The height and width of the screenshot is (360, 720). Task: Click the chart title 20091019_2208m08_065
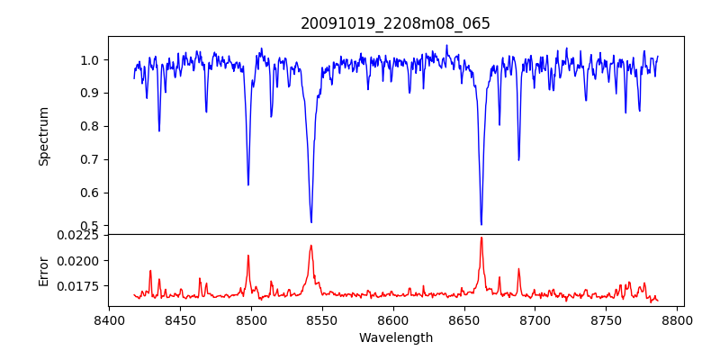(x=395, y=23)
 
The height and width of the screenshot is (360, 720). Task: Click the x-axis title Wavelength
(x=395, y=337)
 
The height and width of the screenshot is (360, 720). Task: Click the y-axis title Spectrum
(x=43, y=136)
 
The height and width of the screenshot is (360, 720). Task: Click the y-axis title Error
(x=43, y=270)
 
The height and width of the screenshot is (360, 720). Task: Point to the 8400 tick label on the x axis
(x=109, y=319)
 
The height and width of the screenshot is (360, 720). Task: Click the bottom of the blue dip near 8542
(x=311, y=222)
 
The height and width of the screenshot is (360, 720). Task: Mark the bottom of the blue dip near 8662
(x=481, y=224)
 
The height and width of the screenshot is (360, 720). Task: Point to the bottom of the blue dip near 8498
(x=248, y=184)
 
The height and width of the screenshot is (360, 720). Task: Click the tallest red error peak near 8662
(x=481, y=238)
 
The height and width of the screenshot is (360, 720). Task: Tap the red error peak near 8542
(x=310, y=246)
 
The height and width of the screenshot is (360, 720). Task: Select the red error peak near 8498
(x=248, y=256)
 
